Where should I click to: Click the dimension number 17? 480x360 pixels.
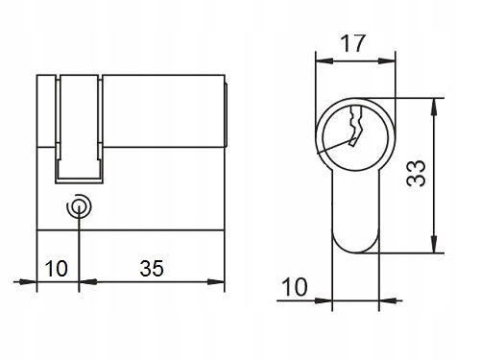pyautogui.click(x=352, y=43)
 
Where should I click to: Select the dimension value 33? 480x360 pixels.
pyautogui.click(x=416, y=173)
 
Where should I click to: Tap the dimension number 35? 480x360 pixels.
pyautogui.click(x=152, y=268)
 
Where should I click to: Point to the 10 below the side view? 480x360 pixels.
pyautogui.click(x=57, y=268)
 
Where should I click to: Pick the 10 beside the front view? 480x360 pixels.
pyautogui.click(x=295, y=287)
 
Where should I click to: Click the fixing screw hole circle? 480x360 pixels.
pyautogui.click(x=79, y=206)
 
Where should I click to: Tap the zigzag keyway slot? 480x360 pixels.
pyautogui.click(x=356, y=127)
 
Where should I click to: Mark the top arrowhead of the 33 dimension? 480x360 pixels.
pyautogui.click(x=434, y=107)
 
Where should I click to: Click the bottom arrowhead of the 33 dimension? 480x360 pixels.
pyautogui.click(x=434, y=245)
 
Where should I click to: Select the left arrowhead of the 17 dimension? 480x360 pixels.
pyautogui.click(x=324, y=60)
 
